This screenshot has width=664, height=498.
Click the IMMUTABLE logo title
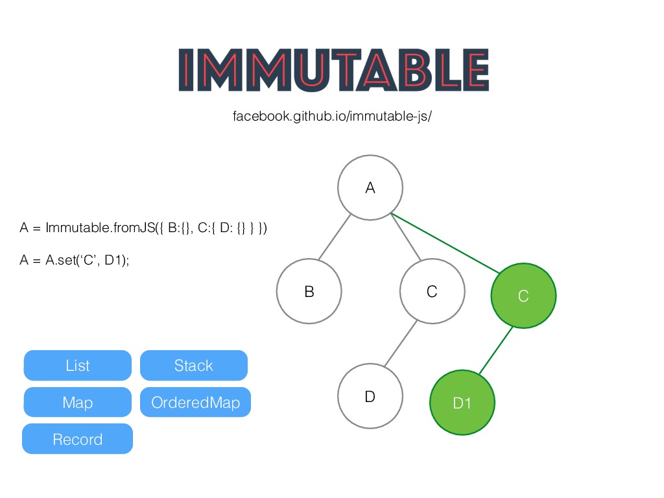pyautogui.click(x=333, y=71)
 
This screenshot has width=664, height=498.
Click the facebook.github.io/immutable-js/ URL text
pyautogui.click(x=332, y=117)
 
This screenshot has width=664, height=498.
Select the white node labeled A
pyautogui.click(x=370, y=188)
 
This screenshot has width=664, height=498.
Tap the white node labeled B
pyautogui.click(x=309, y=291)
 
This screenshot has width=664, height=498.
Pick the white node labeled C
pyautogui.click(x=432, y=291)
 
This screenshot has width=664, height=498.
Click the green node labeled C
pyautogui.click(x=523, y=296)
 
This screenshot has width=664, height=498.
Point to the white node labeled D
pyautogui.click(x=370, y=396)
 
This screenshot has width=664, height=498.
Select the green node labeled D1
pyautogui.click(x=462, y=403)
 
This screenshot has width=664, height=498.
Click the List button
pyautogui.click(x=78, y=366)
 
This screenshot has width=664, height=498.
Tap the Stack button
pyautogui.click(x=194, y=366)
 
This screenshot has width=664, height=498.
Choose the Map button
pyautogui.click(x=78, y=403)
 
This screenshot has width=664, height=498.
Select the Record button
pyautogui.click(x=78, y=439)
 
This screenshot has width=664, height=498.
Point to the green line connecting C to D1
pyautogui.click(x=496, y=350)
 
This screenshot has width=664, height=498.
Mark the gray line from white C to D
pyautogui.click(x=401, y=344)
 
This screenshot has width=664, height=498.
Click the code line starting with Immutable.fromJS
pyautogui.click(x=143, y=228)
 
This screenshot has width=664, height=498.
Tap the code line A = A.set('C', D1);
pyautogui.click(x=75, y=260)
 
